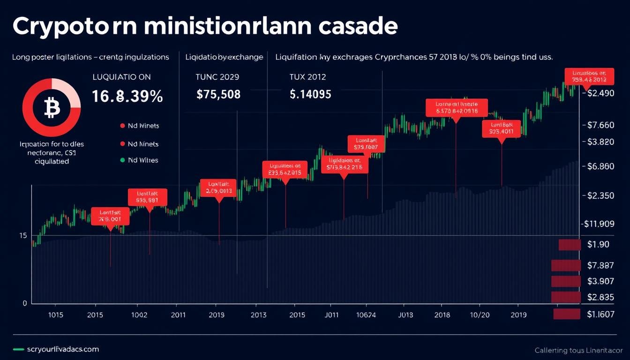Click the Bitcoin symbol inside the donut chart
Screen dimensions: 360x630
point(52,109)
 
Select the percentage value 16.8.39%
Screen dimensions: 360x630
point(127,97)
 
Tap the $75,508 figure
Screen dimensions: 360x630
point(218,94)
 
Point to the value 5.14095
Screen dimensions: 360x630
point(310,94)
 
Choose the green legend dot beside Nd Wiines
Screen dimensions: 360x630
point(122,160)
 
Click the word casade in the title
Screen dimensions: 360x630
point(358,27)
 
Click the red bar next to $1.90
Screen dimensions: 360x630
point(570,245)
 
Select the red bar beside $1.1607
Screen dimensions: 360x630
point(567,314)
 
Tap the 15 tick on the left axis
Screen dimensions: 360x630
point(22,235)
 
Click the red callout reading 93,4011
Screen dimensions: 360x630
point(501,128)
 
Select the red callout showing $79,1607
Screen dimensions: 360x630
point(366,144)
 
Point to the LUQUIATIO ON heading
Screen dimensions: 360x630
point(121,77)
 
